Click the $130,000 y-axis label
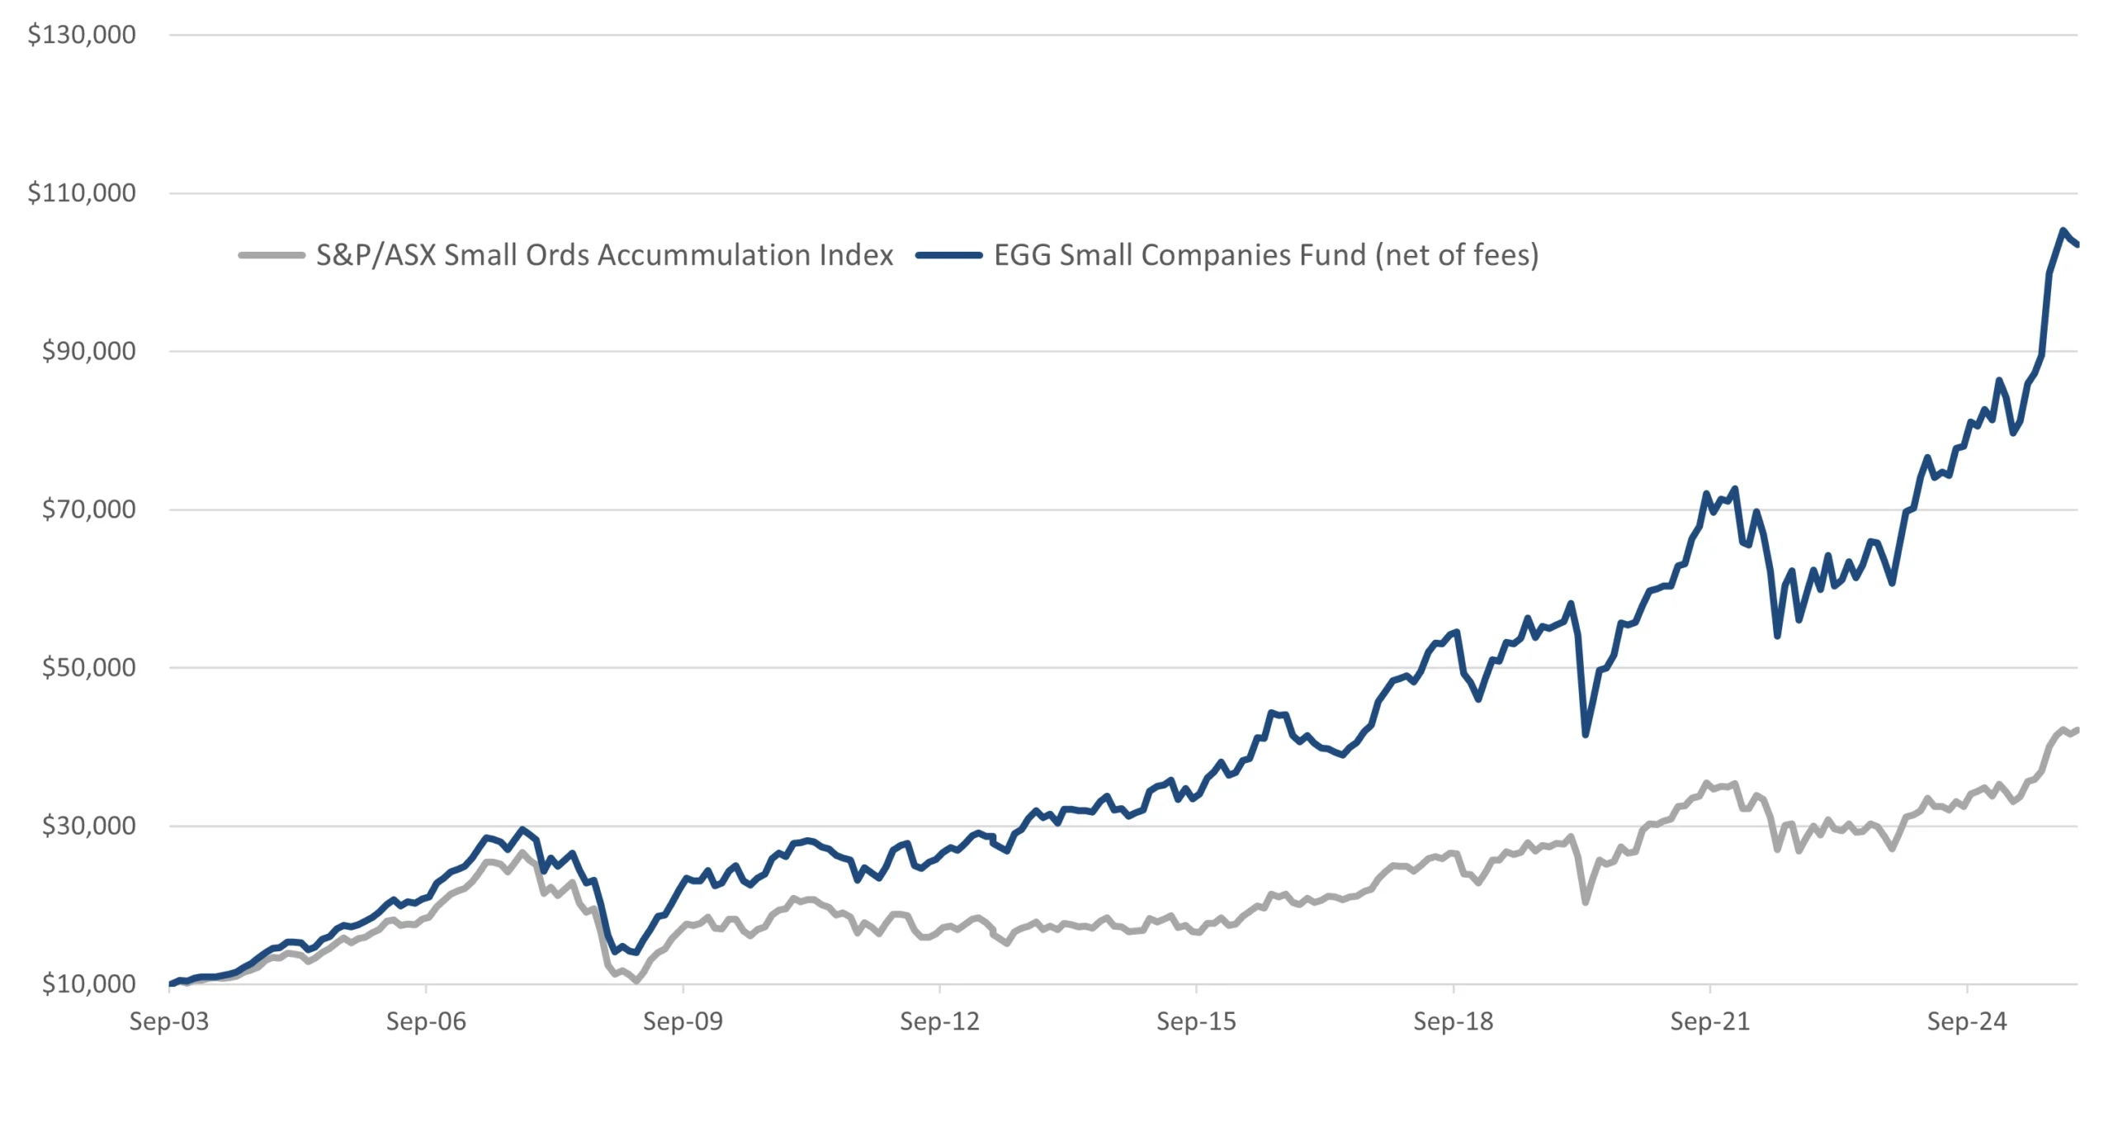point(82,35)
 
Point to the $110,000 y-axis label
point(82,193)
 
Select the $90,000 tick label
point(88,351)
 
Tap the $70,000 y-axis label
point(88,509)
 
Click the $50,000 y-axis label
point(88,667)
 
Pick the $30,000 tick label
point(88,826)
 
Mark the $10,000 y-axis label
point(88,984)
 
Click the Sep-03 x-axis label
point(169,1022)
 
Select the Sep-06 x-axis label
point(426,1022)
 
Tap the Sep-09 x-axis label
point(683,1022)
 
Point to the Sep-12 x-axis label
point(939,1022)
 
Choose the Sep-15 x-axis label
point(1196,1022)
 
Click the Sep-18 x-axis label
point(1453,1022)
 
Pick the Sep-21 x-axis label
point(1710,1022)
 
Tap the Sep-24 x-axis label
point(1967,1022)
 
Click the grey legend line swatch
point(272,255)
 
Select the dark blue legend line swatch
point(948,255)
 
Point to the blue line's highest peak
point(2063,230)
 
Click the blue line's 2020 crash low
point(1586,734)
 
